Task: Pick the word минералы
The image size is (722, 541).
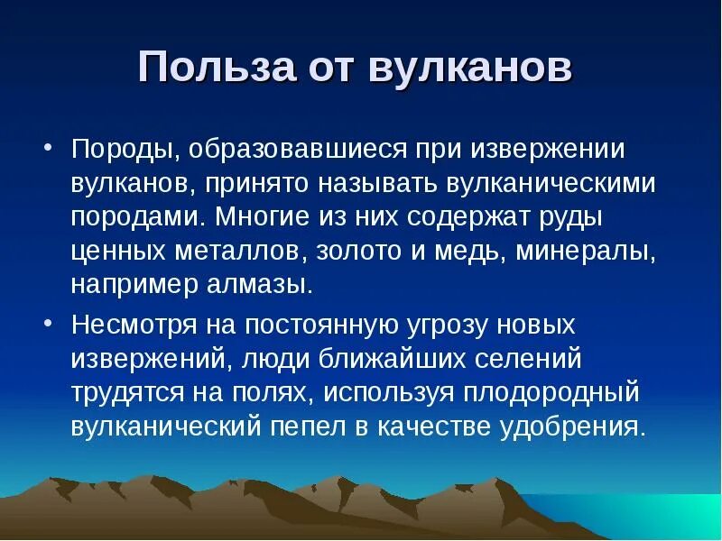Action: [585, 252]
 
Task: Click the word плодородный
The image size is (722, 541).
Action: [551, 392]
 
